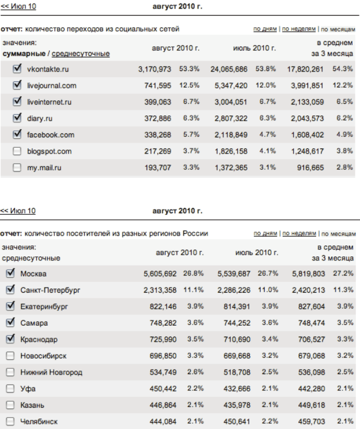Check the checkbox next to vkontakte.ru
point(17,69)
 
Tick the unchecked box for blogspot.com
point(17,151)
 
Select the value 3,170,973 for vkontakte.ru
point(155,69)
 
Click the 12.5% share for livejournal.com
point(189,85)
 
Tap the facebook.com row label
point(51,135)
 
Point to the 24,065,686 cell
point(229,69)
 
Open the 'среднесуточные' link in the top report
point(81,54)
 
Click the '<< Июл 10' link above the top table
point(17,6)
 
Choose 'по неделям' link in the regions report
point(299,233)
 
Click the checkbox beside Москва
point(10,273)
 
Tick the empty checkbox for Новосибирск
point(10,355)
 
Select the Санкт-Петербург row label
point(50,290)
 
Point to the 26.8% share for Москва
point(194,273)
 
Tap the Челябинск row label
point(39,421)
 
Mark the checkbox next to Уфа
point(10,388)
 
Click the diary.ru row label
point(40,118)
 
